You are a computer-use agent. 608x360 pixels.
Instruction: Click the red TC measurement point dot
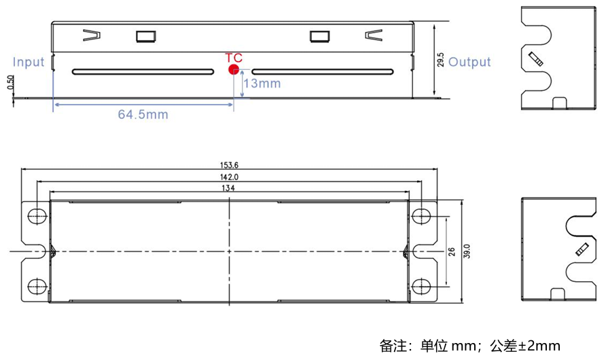[234, 69]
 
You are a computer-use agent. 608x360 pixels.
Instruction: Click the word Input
[29, 62]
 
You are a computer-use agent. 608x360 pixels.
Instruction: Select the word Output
[469, 62]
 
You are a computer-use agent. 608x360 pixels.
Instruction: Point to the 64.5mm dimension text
[143, 114]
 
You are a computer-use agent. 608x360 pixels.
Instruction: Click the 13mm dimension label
[262, 83]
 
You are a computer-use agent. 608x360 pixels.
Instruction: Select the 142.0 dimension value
[229, 176]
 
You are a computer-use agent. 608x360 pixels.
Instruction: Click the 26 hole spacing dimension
[452, 251]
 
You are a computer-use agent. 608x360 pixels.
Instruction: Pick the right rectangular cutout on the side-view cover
[319, 36]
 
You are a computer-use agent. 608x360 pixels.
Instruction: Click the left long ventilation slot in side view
[141, 71]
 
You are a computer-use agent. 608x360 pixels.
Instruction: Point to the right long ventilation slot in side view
[322, 71]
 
